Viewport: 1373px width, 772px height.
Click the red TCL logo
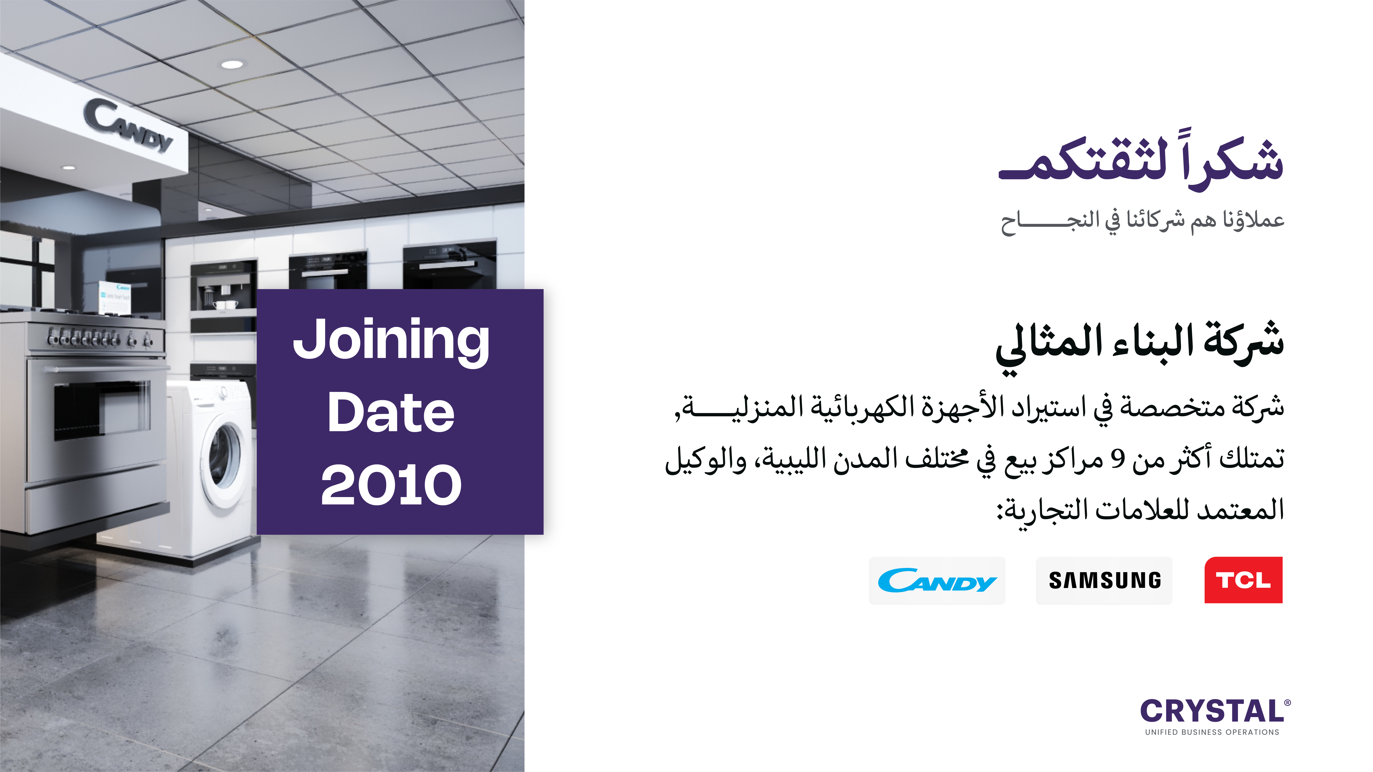1243,580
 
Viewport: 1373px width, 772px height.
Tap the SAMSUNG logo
1104,580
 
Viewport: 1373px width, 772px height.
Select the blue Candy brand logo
937,580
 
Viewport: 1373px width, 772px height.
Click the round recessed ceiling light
232,64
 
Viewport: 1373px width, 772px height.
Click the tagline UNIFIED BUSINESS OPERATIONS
1212,732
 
